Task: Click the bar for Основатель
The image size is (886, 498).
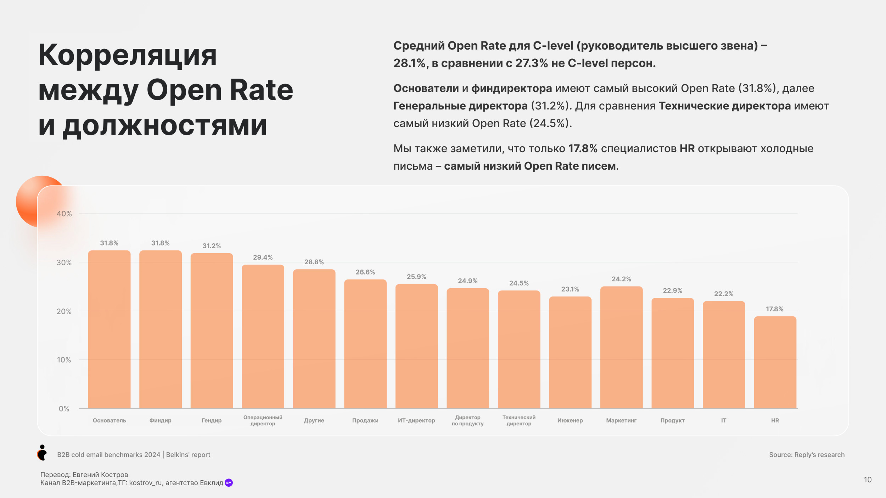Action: click(109, 329)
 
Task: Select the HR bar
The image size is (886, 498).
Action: click(775, 362)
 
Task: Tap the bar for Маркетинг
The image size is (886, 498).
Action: click(621, 347)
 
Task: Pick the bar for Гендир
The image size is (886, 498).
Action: click(212, 330)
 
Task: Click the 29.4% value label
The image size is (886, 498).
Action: click(263, 258)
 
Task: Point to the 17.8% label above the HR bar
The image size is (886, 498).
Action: click(775, 309)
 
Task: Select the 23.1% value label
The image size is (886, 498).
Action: click(570, 289)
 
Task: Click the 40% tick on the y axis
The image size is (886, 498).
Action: click(64, 214)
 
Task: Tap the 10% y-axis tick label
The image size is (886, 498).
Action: click(64, 360)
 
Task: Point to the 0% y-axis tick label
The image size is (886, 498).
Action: click(64, 409)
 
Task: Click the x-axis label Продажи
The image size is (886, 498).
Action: click(365, 420)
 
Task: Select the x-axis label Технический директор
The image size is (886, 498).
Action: click(519, 420)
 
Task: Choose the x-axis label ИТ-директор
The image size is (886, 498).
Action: click(416, 420)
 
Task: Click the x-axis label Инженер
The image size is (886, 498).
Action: click(570, 420)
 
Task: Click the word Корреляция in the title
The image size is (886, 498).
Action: click(128, 56)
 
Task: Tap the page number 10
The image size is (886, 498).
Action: click(868, 480)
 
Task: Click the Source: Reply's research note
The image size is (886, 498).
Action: click(807, 455)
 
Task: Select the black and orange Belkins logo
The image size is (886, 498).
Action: click(42, 453)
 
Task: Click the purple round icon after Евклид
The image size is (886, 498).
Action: click(229, 483)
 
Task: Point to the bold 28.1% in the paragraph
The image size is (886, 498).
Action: click(409, 63)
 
